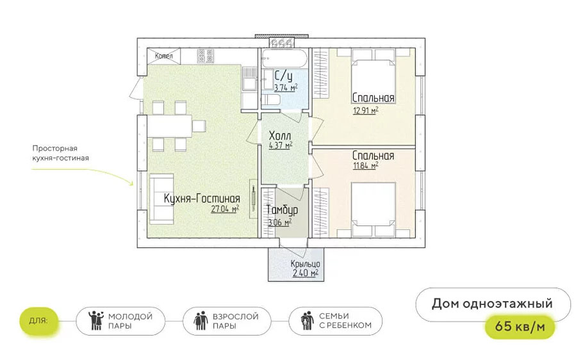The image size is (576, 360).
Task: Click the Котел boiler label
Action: [x=164, y=56]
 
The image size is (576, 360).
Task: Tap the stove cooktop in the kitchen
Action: [x=205, y=55]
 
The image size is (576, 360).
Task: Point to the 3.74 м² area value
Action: [x=286, y=88]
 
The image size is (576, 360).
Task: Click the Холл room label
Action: [x=280, y=135]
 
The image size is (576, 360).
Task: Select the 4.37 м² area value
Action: [x=281, y=145]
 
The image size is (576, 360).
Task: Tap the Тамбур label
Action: [x=282, y=210]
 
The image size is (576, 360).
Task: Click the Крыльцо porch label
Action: [x=305, y=264]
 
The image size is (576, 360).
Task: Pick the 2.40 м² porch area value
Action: [x=305, y=274]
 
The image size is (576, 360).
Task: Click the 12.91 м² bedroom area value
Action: [x=366, y=110]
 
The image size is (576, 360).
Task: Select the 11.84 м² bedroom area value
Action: [x=366, y=166]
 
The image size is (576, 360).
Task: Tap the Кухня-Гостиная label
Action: [x=202, y=199]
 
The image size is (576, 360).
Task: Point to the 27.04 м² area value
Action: [x=225, y=209]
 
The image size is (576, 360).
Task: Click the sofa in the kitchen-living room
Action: [x=161, y=199]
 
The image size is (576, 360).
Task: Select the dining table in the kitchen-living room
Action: [x=169, y=126]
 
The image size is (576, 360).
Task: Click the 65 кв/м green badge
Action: [x=520, y=326]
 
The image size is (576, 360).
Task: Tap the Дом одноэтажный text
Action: [x=492, y=304]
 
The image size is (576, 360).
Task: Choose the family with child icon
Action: [x=307, y=322]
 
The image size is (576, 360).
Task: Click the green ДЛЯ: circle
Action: [x=38, y=321]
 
